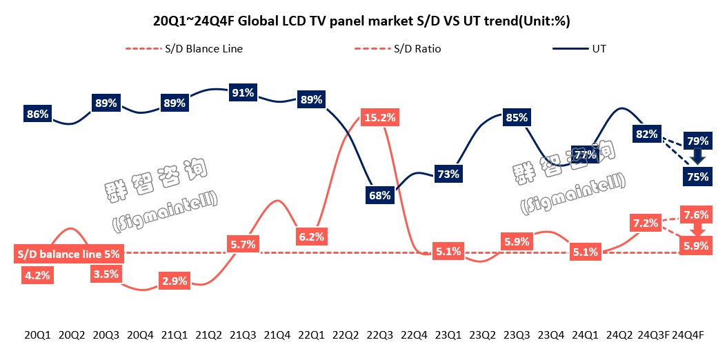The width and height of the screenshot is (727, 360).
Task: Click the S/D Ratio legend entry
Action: (407, 49)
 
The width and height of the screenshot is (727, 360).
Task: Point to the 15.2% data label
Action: (379, 117)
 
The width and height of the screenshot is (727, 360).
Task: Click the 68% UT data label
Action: (380, 195)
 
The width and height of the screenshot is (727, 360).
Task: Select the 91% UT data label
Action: (243, 92)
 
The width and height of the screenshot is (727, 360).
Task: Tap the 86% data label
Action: (37, 114)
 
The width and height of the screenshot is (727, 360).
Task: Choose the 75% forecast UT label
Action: (697, 177)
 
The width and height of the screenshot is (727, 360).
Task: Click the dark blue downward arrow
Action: (697, 157)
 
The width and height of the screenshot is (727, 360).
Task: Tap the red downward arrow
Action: (695, 229)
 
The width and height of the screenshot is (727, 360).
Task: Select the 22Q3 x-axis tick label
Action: (380, 335)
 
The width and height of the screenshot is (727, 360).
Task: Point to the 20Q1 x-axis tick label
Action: (37, 335)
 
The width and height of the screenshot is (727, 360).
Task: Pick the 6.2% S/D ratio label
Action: (311, 235)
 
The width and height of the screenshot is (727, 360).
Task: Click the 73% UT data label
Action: (448, 174)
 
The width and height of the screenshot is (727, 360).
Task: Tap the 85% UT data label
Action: (516, 117)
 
